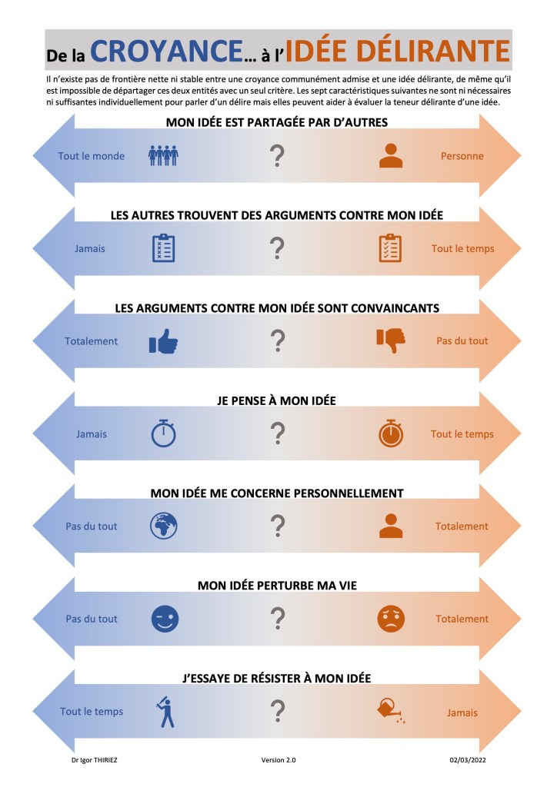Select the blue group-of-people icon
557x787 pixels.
pyautogui.click(x=163, y=156)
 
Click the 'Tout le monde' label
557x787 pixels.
pyautogui.click(x=92, y=156)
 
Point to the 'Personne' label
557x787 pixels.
pyautogui.click(x=462, y=156)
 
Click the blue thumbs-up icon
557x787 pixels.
pyautogui.click(x=163, y=341)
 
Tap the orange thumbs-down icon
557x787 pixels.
pyautogui.click(x=391, y=340)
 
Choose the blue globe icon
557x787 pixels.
pyautogui.click(x=163, y=526)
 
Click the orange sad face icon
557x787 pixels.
pyautogui.click(x=391, y=619)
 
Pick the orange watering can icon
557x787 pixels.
pyautogui.click(x=392, y=710)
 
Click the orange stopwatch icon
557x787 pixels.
pyautogui.click(x=391, y=433)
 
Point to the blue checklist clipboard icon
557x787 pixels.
pyautogui.click(x=163, y=248)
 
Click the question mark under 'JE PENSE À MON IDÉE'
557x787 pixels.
pyautogui.click(x=278, y=433)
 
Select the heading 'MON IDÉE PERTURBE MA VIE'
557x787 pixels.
pyautogui.click(x=277, y=586)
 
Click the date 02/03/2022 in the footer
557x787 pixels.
pyautogui.click(x=469, y=760)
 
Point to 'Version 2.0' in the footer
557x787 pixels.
pyautogui.click(x=278, y=760)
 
